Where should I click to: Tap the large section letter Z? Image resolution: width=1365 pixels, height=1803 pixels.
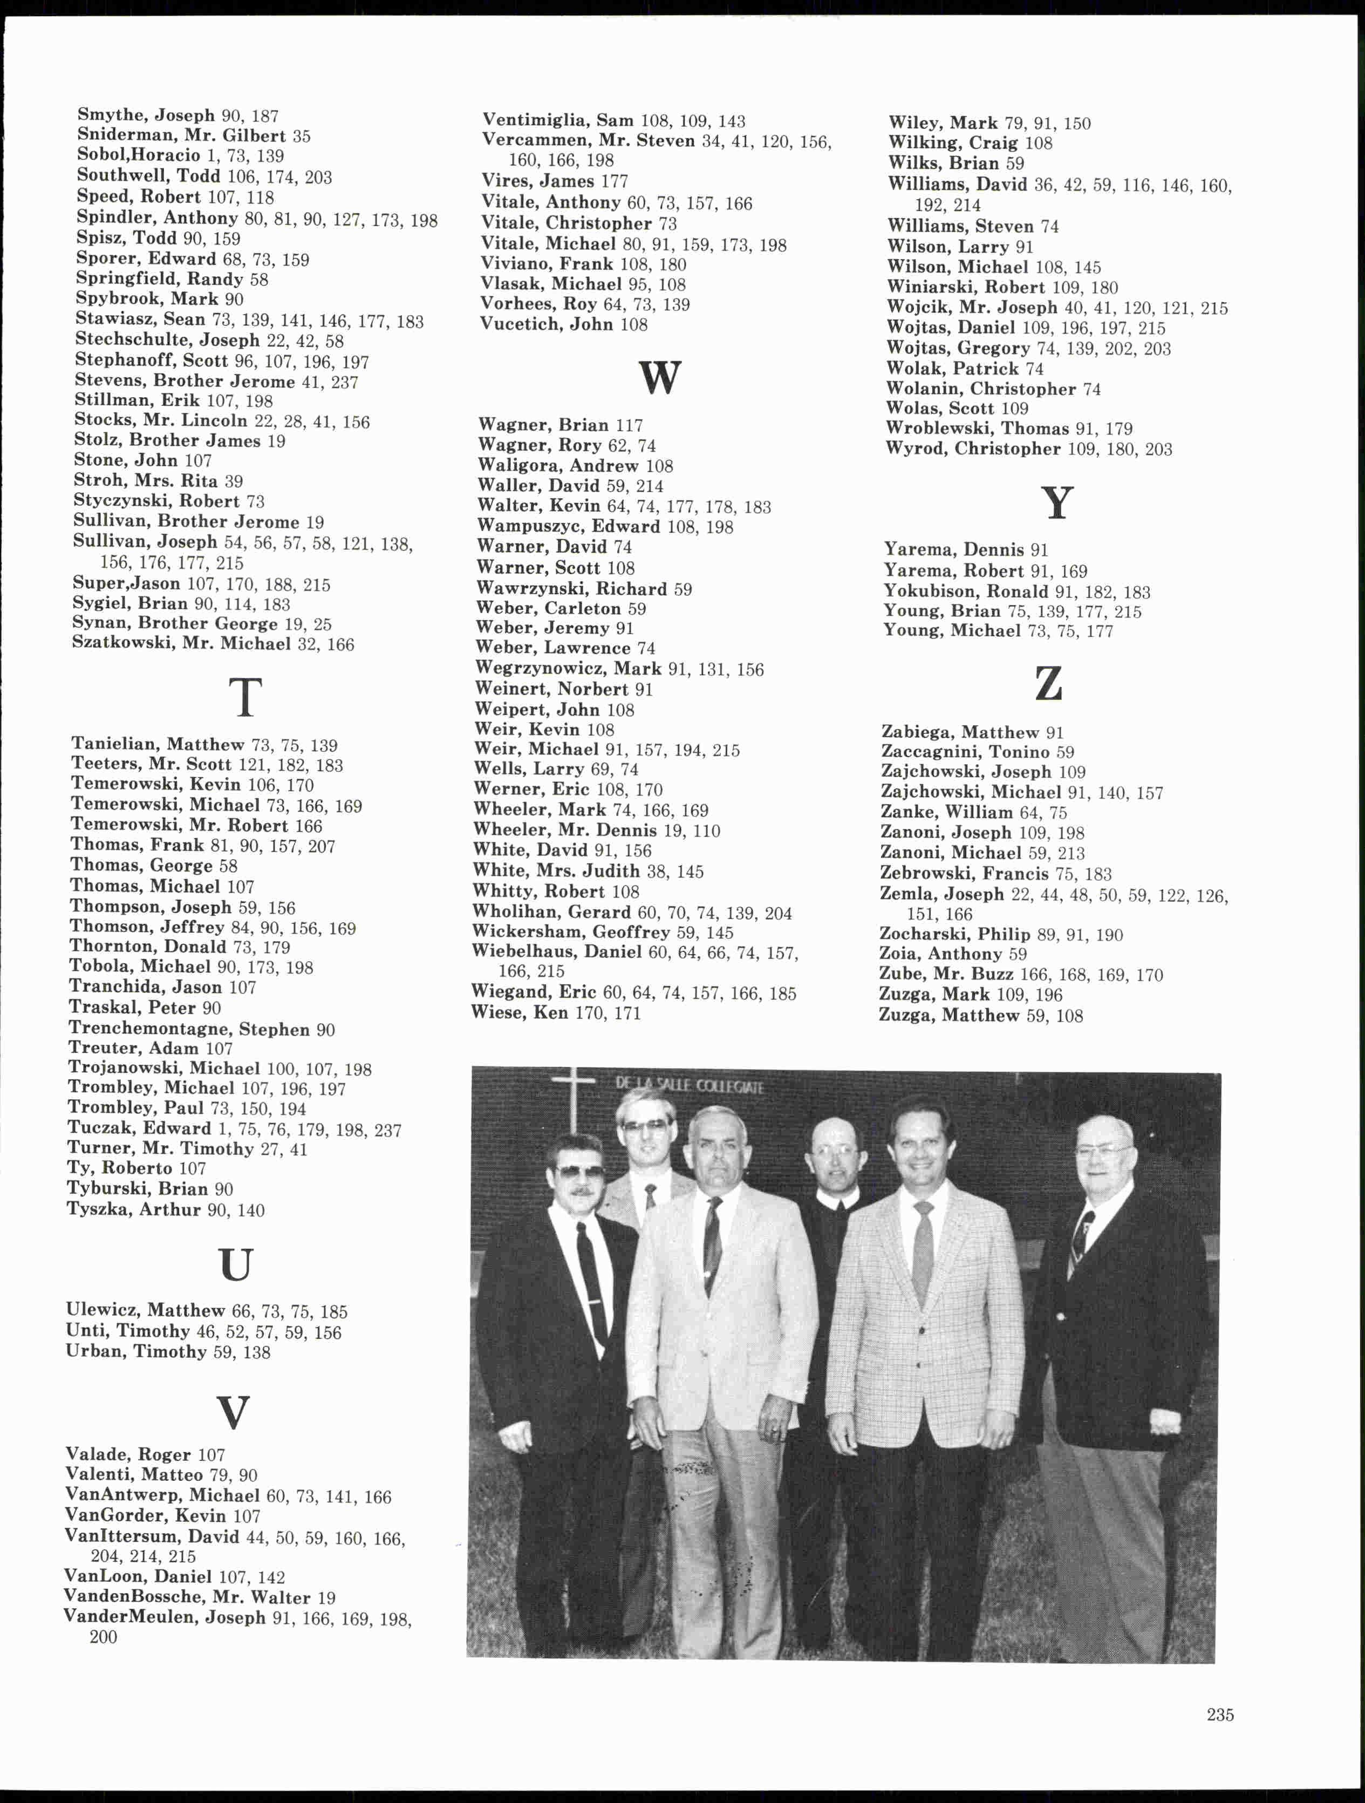1049,683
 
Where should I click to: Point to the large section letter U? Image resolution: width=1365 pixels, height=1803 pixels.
236,1264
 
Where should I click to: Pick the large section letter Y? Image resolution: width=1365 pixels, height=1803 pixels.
1057,503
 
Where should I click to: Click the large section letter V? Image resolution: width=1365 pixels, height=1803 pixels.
233,1412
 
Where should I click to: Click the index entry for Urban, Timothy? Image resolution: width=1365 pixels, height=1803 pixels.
168,1351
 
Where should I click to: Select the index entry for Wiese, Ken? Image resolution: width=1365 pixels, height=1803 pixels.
556,1013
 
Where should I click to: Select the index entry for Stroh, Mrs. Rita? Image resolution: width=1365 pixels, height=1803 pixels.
158,481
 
